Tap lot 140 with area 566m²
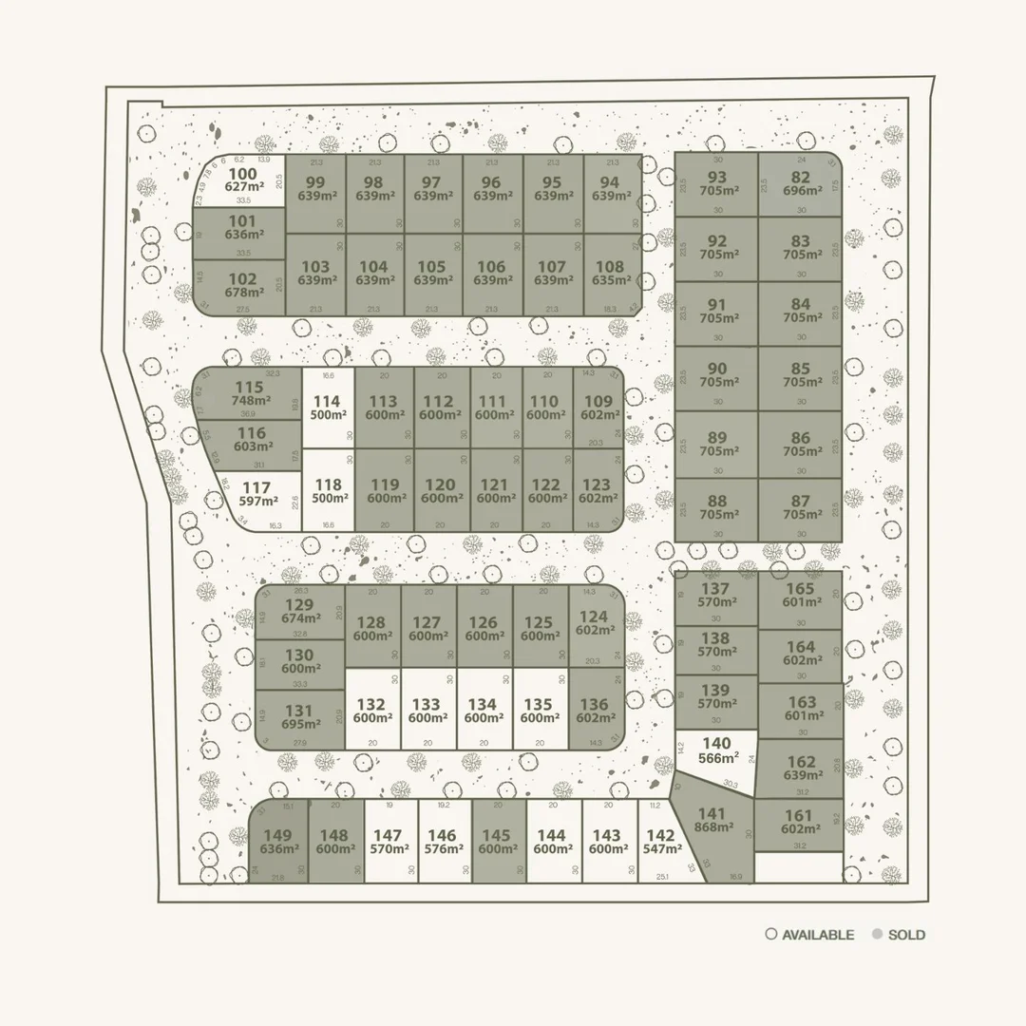pos(717,750)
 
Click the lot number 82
pos(801,177)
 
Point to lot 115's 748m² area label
pos(249,401)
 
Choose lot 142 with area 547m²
pos(660,843)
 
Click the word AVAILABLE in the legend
pos(818,935)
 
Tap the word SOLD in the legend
pos(906,935)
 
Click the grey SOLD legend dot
pos(876,935)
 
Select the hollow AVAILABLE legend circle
pos(771,935)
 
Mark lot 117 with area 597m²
pos(256,494)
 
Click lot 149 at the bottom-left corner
pos(278,843)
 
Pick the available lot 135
pos(538,711)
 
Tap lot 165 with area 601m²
pos(801,595)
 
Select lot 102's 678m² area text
pos(243,293)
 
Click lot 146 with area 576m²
pos(442,843)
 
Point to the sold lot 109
pos(598,408)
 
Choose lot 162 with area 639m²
pos(801,768)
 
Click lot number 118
pos(328,490)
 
